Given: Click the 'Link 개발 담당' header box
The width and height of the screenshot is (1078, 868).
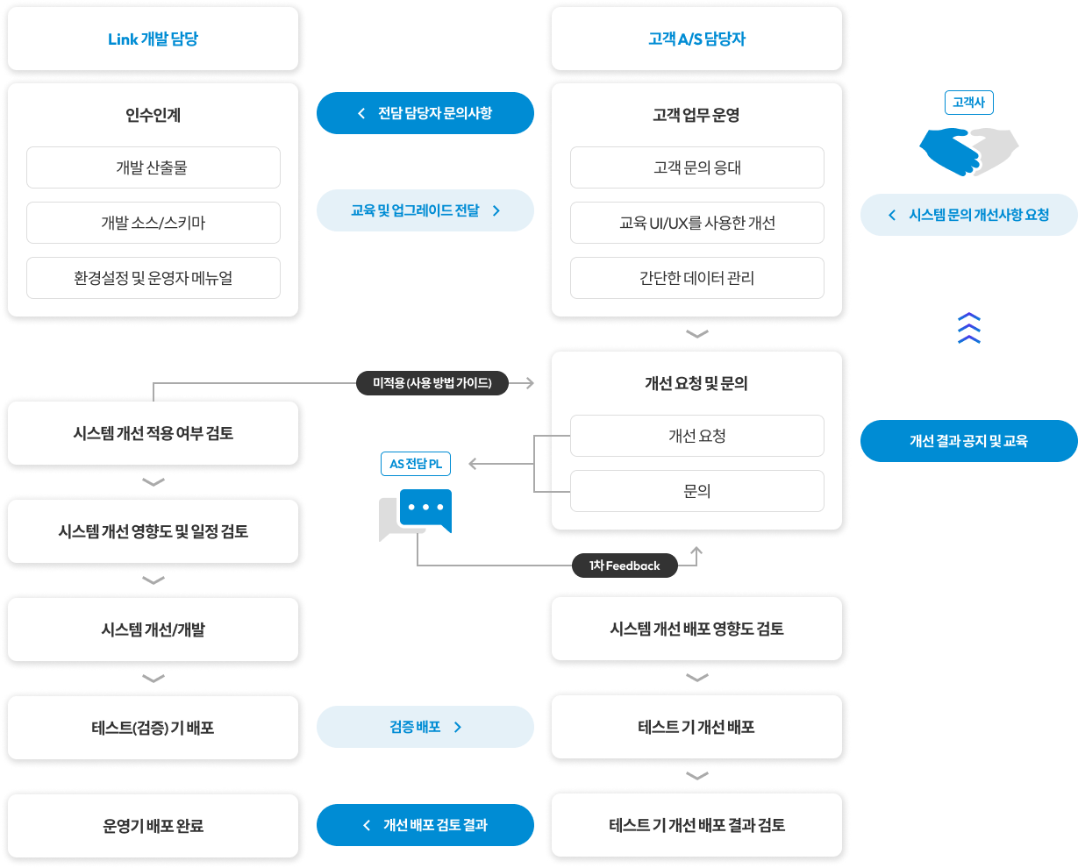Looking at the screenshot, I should (x=153, y=39).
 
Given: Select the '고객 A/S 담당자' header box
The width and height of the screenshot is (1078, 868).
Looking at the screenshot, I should (x=697, y=39).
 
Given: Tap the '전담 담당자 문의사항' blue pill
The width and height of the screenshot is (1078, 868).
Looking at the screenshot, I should (x=425, y=113).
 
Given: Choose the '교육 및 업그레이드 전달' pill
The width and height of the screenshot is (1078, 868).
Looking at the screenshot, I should (x=425, y=210).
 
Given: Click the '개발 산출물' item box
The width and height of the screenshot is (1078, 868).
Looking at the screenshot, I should (x=153, y=167).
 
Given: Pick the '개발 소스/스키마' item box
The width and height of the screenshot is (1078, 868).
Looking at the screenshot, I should (x=153, y=223).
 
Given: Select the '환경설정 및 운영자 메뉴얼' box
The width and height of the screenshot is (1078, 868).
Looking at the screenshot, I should (x=153, y=278).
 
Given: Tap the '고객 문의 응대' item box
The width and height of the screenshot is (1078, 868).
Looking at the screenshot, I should (x=697, y=167).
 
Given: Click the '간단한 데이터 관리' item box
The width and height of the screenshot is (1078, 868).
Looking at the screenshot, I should (x=697, y=278).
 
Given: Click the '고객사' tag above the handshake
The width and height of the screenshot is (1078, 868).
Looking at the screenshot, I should (x=968, y=103).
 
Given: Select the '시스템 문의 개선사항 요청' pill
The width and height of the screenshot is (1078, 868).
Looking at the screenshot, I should (x=969, y=215).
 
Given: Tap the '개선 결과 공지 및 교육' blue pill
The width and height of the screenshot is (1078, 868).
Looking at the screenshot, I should (x=969, y=441).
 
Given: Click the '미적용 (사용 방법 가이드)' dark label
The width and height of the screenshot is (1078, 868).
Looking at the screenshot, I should (x=432, y=383).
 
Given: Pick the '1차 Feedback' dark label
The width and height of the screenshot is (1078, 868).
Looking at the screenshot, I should (x=625, y=566).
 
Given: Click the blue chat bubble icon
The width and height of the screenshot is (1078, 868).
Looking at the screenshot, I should (x=425, y=510).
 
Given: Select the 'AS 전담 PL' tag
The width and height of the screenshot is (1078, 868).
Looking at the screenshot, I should (x=416, y=464).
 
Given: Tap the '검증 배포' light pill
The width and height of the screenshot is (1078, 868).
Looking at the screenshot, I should (x=425, y=727).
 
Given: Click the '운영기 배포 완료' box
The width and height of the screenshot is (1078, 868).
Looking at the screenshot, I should (x=153, y=826).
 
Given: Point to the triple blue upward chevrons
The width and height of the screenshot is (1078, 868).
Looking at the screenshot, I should (x=969, y=328).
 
